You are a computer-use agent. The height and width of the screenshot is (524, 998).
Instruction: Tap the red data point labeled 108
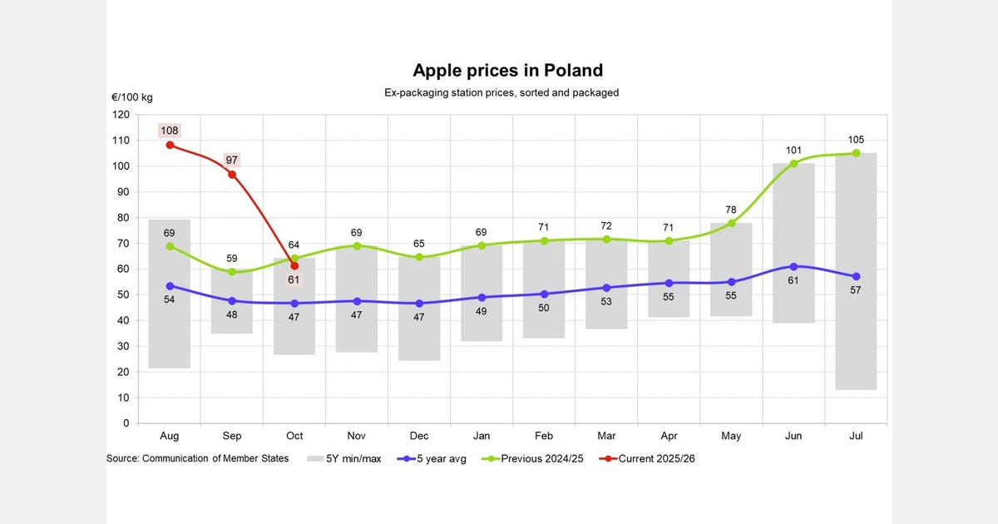click(170, 145)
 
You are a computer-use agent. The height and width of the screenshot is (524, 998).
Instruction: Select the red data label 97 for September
click(232, 160)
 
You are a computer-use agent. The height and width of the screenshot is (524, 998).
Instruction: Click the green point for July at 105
click(856, 153)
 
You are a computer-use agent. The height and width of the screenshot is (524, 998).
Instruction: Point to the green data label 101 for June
click(793, 151)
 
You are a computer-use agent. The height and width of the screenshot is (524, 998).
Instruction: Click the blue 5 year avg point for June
click(793, 266)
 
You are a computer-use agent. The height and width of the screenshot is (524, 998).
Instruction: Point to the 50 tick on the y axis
click(122, 295)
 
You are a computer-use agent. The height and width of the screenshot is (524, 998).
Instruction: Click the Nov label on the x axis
click(357, 436)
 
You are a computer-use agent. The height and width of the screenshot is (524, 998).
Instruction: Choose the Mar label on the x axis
click(606, 436)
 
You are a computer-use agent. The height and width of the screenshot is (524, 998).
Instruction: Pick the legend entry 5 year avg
click(432, 458)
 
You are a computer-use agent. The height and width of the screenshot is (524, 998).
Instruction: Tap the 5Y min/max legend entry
click(344, 458)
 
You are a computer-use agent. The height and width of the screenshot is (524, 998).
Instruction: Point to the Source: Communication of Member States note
click(197, 458)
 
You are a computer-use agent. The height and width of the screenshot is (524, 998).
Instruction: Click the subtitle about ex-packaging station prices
click(501, 92)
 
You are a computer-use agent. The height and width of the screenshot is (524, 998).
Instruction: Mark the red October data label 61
click(294, 280)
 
